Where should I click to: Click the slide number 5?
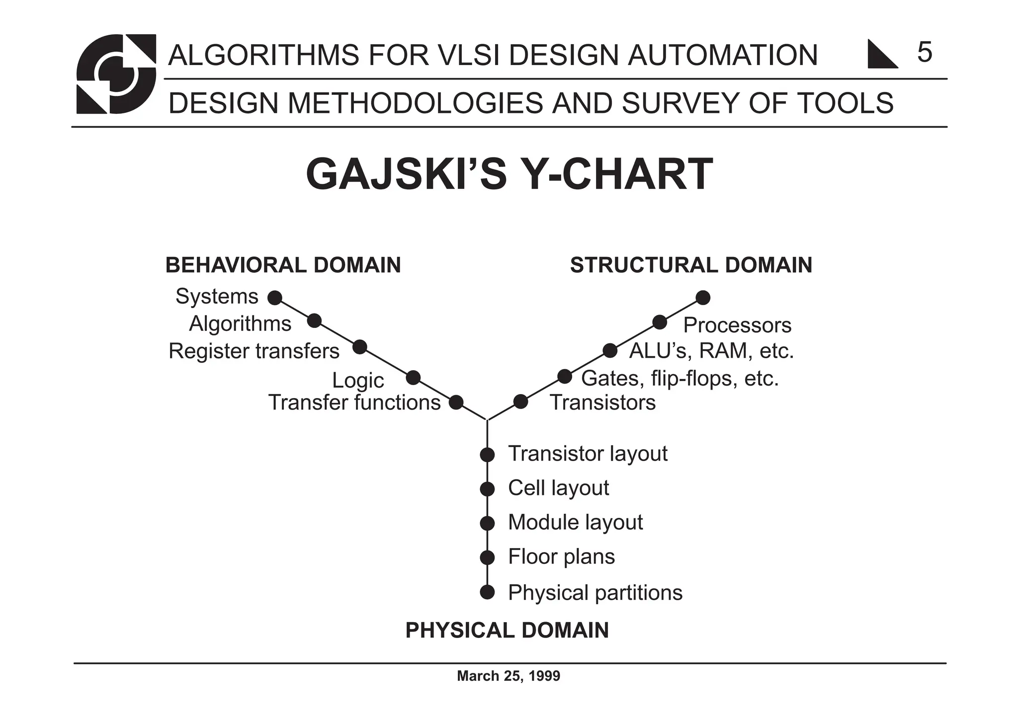pyautogui.click(x=924, y=52)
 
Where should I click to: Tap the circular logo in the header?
pyautogui.click(x=116, y=74)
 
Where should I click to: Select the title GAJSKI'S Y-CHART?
pyautogui.click(x=509, y=174)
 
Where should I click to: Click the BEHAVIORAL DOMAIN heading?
pyautogui.click(x=283, y=265)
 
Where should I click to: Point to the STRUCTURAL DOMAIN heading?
pyautogui.click(x=691, y=265)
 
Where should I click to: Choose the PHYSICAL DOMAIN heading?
pyautogui.click(x=507, y=631)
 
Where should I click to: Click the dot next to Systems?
pyautogui.click(x=274, y=298)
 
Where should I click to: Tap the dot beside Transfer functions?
pyautogui.click(x=456, y=402)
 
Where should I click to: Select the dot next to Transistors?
pyautogui.click(x=520, y=401)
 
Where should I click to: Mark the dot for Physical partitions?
pyautogui.click(x=487, y=592)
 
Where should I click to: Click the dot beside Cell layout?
pyautogui.click(x=487, y=489)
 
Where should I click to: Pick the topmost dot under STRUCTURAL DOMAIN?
pyautogui.click(x=703, y=298)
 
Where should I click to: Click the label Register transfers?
pyautogui.click(x=254, y=351)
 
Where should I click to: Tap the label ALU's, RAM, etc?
pyautogui.click(x=711, y=351)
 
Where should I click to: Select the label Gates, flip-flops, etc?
pyautogui.click(x=679, y=379)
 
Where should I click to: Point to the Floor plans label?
pyautogui.click(x=561, y=557)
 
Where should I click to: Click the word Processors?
pyautogui.click(x=737, y=325)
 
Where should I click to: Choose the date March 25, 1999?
pyautogui.click(x=509, y=676)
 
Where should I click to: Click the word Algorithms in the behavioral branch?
pyautogui.click(x=240, y=324)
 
